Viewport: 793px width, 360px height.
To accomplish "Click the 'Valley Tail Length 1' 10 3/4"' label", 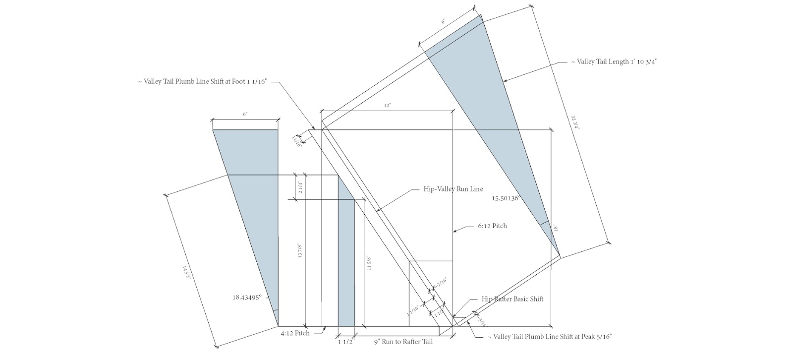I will [614, 62].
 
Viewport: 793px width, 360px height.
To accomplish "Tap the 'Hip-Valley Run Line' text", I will [453, 189].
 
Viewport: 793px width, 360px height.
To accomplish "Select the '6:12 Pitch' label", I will [492, 226].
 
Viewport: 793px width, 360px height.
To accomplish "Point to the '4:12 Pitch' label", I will [295, 333].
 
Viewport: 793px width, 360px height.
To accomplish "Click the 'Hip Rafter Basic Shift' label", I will [512, 299].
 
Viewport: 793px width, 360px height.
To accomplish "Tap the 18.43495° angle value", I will [250, 298].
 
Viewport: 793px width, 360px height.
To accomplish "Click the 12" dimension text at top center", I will [388, 106].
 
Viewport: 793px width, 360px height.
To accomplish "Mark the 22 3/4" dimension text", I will [574, 122].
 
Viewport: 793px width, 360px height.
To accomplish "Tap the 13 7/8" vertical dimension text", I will [299, 251].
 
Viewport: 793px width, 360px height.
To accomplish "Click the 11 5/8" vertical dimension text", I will [369, 262].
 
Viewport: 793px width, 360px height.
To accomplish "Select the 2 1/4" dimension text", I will [299, 187].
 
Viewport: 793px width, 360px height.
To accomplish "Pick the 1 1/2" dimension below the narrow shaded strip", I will [346, 342].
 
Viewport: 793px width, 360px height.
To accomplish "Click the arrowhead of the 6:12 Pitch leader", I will [455, 230].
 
